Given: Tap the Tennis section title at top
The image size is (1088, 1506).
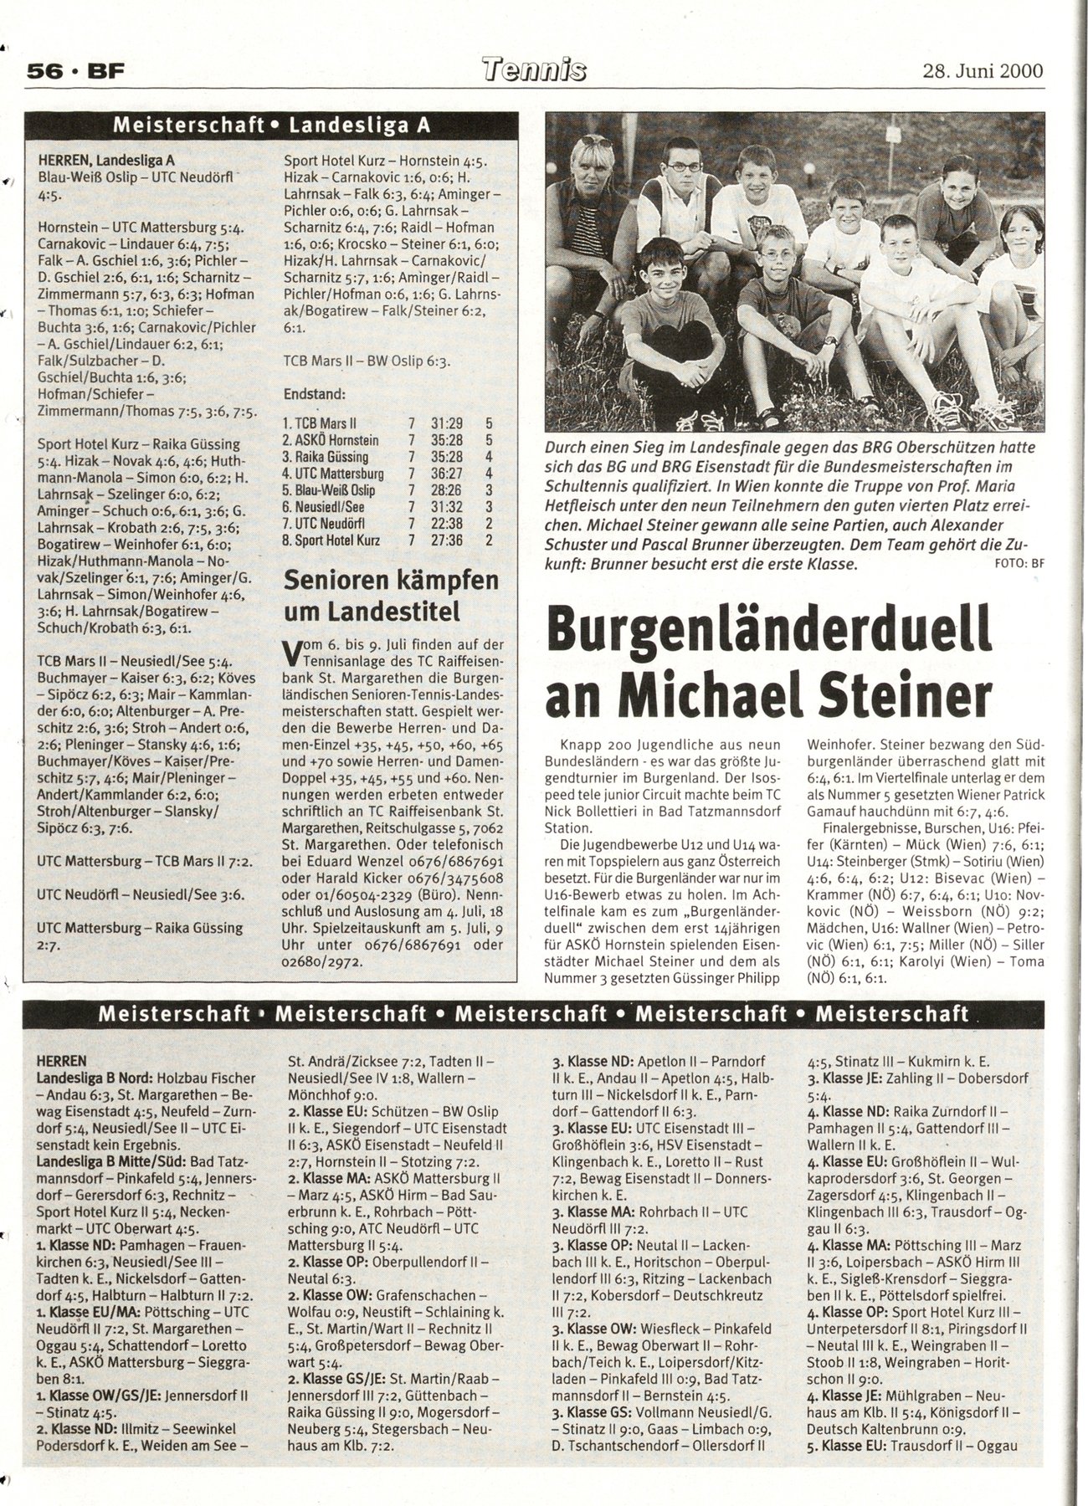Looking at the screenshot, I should [534, 70].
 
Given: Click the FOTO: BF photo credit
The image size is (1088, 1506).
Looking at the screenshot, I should [1020, 563].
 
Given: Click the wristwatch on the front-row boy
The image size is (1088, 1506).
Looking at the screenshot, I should [829, 341].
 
